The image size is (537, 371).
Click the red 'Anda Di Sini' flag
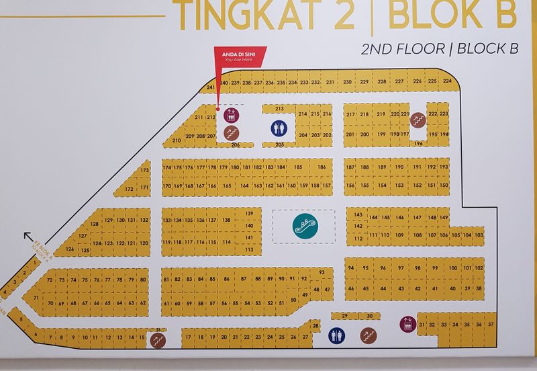(239, 56)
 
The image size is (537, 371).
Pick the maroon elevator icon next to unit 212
(231, 114)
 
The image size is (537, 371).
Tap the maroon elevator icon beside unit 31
(407, 325)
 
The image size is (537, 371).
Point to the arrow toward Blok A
(29, 237)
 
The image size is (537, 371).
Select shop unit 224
(448, 81)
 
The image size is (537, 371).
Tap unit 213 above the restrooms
(279, 108)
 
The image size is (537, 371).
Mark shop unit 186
(322, 167)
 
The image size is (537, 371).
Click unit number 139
(248, 214)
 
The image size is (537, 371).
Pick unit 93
(322, 272)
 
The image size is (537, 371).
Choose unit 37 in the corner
(491, 325)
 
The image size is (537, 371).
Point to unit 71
(36, 297)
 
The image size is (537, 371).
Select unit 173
(144, 171)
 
